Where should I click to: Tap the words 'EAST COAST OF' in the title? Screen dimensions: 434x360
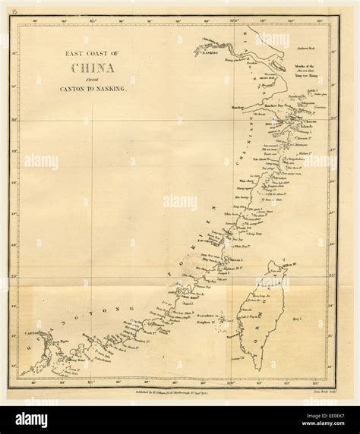pos(91,53)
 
